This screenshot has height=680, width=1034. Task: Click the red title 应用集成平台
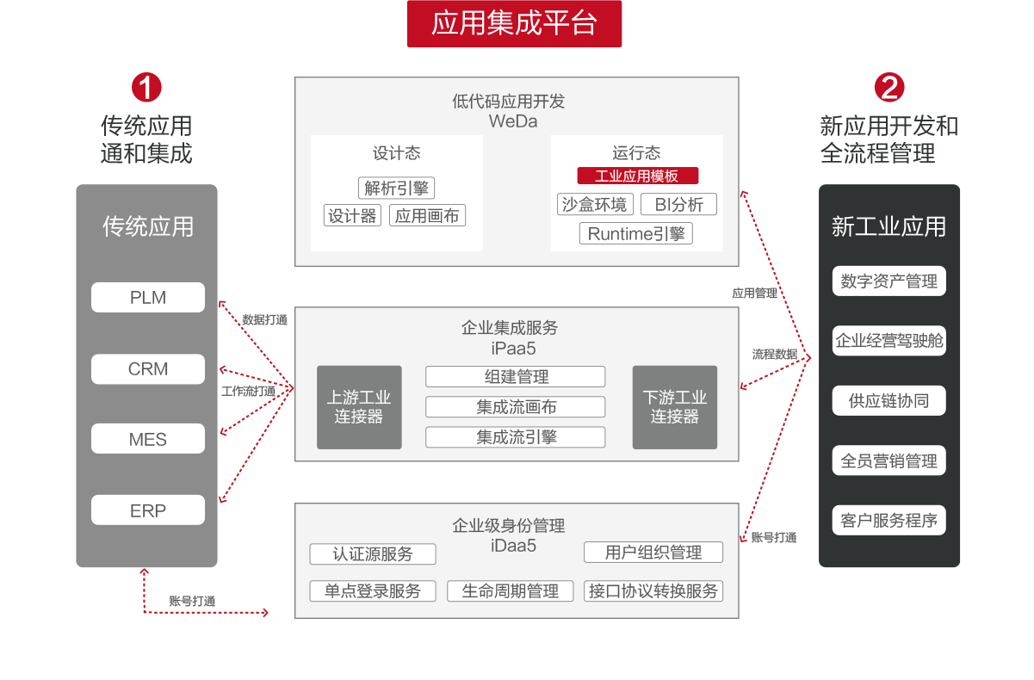click(x=514, y=24)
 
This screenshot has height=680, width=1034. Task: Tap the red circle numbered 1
click(x=146, y=87)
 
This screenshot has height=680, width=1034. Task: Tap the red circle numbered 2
click(x=889, y=87)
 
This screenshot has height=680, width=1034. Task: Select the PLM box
click(x=148, y=298)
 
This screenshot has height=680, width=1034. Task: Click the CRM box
click(x=148, y=369)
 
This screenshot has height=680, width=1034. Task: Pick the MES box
click(x=148, y=439)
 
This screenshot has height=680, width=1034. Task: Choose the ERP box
click(x=148, y=510)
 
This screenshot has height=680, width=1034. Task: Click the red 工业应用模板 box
click(x=637, y=176)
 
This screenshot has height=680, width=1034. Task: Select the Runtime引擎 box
click(x=636, y=233)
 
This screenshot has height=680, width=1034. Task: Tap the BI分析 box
click(x=678, y=205)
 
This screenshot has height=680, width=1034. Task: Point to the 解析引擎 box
click(x=396, y=189)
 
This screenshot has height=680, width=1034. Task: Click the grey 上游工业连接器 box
click(x=359, y=407)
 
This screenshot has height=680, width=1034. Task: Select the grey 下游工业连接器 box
click(x=675, y=407)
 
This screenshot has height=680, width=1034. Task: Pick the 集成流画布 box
click(x=516, y=407)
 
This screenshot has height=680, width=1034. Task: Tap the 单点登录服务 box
click(x=373, y=591)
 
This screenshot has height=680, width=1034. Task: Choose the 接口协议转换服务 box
click(x=653, y=591)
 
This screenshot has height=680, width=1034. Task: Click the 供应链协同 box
click(x=888, y=401)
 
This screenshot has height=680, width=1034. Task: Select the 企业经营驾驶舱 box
click(x=888, y=341)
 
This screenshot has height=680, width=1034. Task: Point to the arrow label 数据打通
click(x=264, y=319)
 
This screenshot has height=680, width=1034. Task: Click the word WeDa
click(x=513, y=121)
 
